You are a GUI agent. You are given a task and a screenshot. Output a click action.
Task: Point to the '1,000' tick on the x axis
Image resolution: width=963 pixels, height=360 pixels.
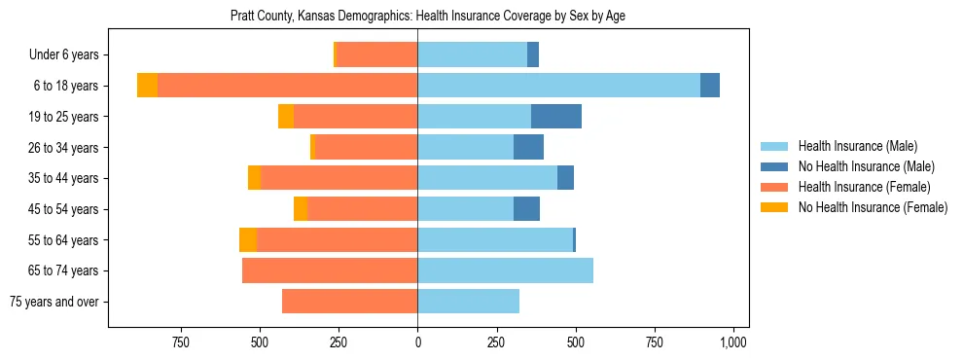[733, 342]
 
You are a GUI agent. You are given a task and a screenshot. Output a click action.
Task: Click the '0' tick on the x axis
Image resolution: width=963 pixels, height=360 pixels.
[417, 342]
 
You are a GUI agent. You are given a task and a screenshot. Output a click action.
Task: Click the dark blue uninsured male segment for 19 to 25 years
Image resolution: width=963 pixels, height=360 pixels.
[556, 117]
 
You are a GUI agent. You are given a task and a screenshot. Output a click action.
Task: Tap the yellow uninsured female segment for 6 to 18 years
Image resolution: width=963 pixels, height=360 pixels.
[147, 86]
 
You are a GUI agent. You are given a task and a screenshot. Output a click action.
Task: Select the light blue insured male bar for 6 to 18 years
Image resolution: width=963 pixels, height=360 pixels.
[558, 86]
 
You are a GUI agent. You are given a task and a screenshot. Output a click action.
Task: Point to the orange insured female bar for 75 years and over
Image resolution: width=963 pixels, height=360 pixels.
[349, 302]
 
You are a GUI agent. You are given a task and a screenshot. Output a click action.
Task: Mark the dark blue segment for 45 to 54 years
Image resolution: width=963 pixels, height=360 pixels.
[526, 209]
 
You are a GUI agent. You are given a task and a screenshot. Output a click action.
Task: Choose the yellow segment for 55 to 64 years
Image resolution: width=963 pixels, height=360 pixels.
[248, 240]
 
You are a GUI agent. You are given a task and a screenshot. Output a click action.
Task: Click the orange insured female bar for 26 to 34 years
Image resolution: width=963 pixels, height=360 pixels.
[366, 147]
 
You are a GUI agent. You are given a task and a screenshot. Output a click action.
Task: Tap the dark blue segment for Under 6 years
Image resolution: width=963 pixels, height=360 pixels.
[533, 54]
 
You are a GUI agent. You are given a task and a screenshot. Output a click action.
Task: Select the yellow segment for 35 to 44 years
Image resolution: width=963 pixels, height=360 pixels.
[254, 178]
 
